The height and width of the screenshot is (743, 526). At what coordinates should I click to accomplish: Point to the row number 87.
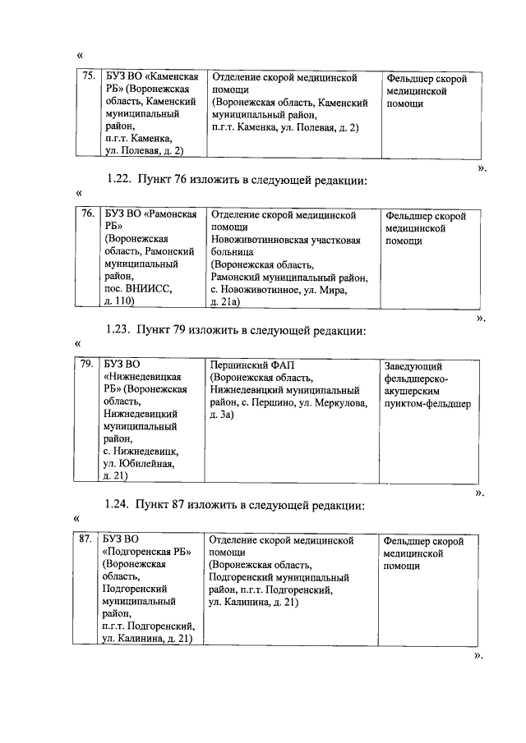tap(85, 541)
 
